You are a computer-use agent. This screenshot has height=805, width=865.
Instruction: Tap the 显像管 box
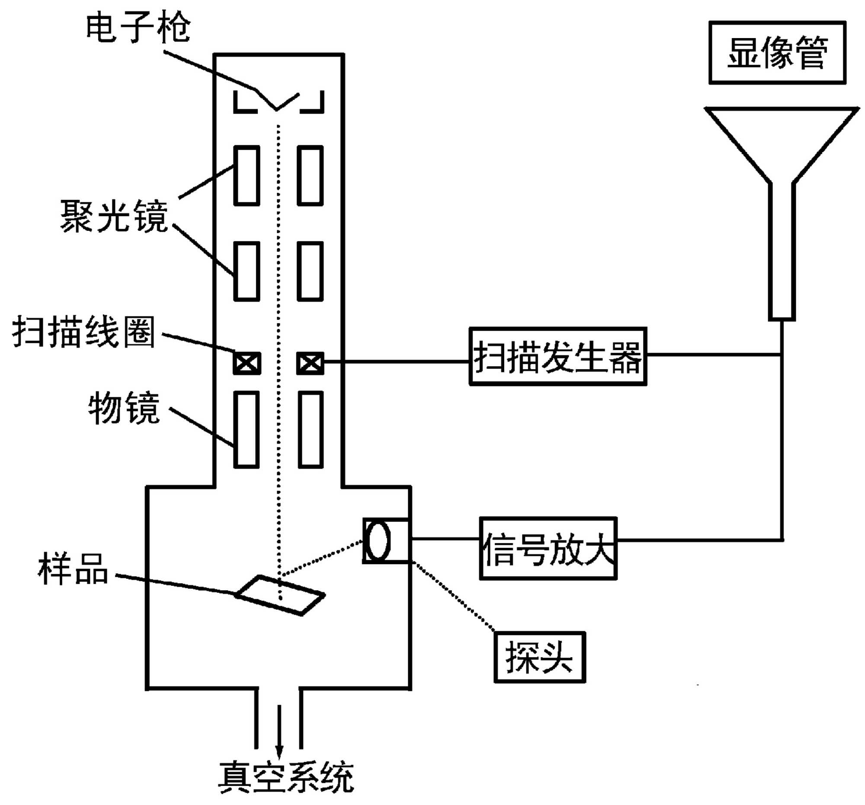[x=777, y=53]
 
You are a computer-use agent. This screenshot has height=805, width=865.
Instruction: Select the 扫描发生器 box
[x=558, y=357]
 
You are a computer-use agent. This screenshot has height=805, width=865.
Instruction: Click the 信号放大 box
[x=548, y=548]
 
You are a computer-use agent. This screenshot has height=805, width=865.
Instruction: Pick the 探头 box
[x=539, y=657]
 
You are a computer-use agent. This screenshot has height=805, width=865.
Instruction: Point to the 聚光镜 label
[x=114, y=216]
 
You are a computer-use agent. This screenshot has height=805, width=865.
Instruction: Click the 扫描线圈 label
[x=83, y=332]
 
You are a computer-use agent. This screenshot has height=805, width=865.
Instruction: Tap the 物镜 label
[x=124, y=408]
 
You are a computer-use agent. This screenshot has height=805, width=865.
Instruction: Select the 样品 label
[x=73, y=569]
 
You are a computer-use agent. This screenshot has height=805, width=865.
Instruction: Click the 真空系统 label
[x=286, y=777]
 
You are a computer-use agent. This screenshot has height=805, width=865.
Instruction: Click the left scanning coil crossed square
[x=247, y=363]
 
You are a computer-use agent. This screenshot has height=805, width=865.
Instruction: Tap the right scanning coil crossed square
[x=310, y=363]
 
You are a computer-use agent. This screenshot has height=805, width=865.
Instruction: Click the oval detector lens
[x=378, y=540]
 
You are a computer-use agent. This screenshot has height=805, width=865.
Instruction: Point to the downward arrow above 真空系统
[x=279, y=731]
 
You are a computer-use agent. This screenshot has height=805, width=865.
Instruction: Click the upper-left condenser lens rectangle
[x=247, y=175]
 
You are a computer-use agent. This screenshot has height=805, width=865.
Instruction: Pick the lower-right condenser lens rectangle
[x=310, y=271]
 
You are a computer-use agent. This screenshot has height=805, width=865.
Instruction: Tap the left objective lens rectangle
[x=247, y=429]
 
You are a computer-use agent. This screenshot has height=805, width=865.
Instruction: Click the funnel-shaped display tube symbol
[x=782, y=174]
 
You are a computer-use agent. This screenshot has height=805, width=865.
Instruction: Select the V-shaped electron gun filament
[x=277, y=101]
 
